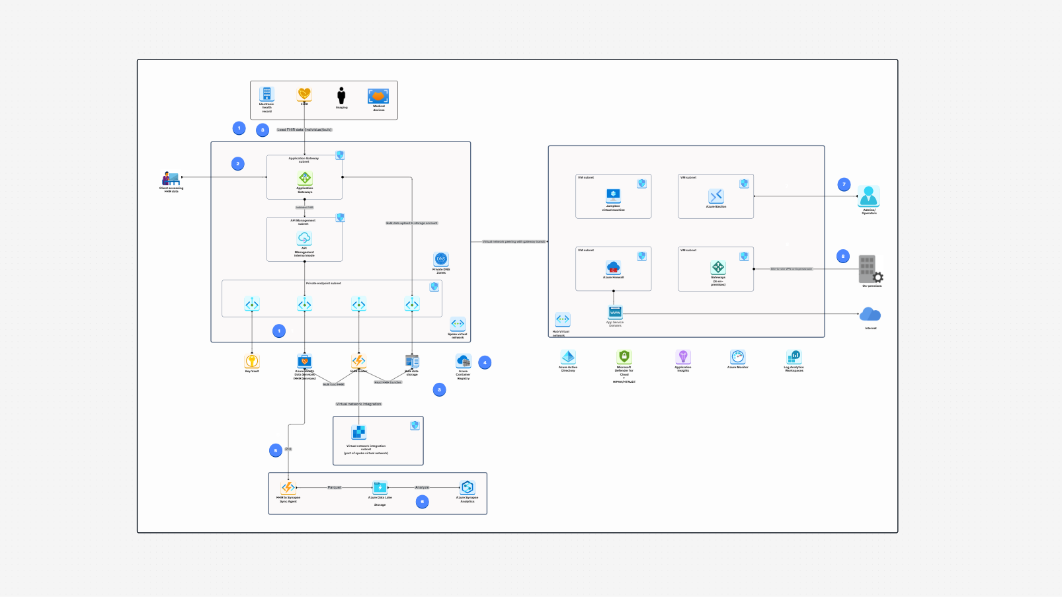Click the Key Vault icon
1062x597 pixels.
[x=252, y=361]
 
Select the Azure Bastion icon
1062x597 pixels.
[x=716, y=196]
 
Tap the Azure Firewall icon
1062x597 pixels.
[x=613, y=268]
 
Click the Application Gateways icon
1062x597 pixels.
[x=305, y=178]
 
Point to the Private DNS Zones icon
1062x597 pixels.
[x=441, y=259]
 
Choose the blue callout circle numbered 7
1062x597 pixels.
[x=844, y=184]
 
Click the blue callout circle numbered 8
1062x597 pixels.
[x=842, y=256]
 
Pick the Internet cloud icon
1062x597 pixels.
[x=870, y=315]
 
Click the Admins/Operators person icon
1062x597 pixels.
[x=868, y=196]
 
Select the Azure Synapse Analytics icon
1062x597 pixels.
[x=468, y=488]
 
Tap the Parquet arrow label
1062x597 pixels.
[x=335, y=487]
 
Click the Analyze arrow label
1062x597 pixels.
[x=422, y=487]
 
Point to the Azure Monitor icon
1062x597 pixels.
[x=738, y=357]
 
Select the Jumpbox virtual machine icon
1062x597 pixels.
[x=613, y=195]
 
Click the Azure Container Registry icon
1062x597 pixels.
[x=463, y=361]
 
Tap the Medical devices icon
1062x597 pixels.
[x=378, y=97]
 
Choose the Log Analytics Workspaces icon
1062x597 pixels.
[x=794, y=357]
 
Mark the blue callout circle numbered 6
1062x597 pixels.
[x=422, y=502]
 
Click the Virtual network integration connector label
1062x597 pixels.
[x=358, y=404]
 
